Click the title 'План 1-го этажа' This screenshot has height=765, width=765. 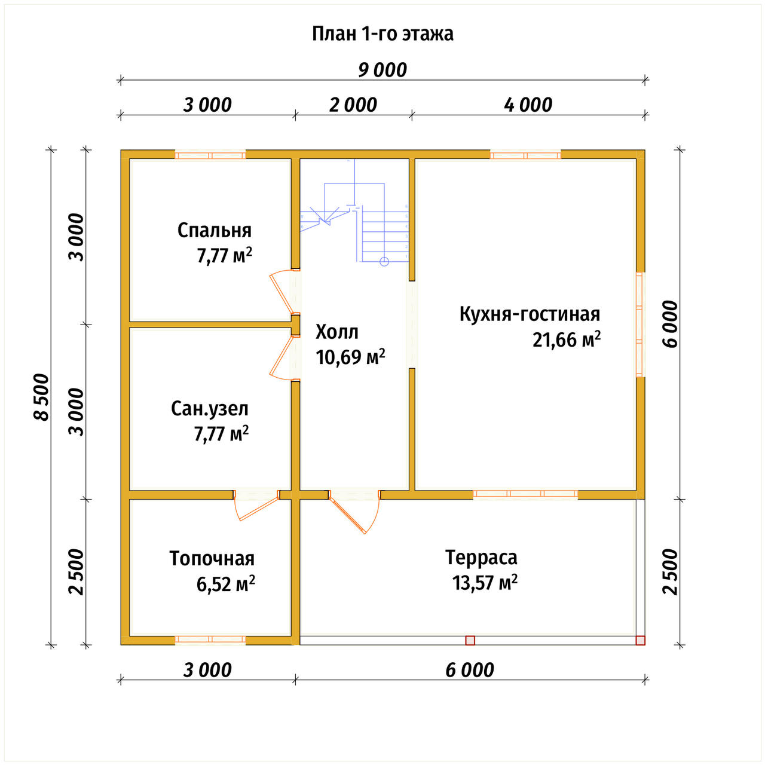pos(382,34)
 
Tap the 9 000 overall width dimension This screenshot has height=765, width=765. pos(382,71)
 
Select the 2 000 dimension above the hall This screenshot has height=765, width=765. pos(353,105)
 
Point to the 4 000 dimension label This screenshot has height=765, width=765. pos(528,105)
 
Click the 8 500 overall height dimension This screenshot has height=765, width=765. pos(41,397)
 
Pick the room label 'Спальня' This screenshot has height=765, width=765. pos(215,231)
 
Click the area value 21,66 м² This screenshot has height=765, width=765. pos(567,339)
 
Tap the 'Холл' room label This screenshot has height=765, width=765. pos(336,332)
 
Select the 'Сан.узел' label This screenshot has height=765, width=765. pos(210,409)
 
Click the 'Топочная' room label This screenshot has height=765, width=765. pos(212,559)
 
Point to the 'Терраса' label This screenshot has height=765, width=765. pos(481,558)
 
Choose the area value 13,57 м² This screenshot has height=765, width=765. pos(485,583)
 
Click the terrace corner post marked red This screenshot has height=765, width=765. pos(640,640)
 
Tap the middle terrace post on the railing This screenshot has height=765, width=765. pos(470,640)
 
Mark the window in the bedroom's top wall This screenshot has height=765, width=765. pos(210,155)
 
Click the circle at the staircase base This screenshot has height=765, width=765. pos(384,262)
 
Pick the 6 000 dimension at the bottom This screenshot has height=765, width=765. pos(470,671)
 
